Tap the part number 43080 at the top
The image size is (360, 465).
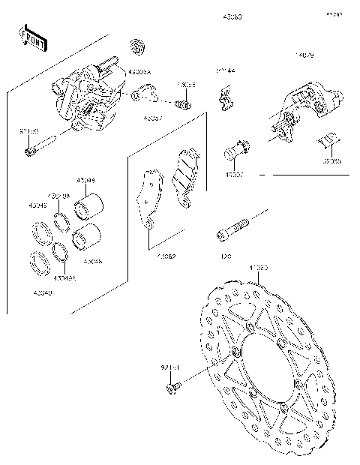(232, 16)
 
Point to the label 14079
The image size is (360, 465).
(305, 56)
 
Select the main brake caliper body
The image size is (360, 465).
(86, 97)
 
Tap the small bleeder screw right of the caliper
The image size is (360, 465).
(181, 103)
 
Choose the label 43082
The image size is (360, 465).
(166, 256)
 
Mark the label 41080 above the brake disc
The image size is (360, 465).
(258, 266)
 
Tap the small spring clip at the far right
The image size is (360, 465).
(328, 141)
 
